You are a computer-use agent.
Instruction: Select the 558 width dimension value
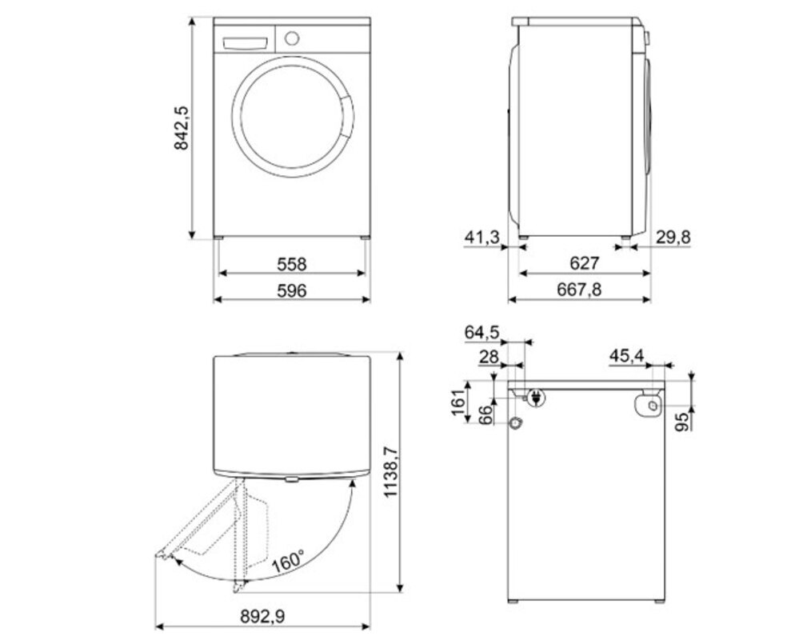[x=292, y=263]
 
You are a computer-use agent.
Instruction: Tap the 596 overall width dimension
[x=292, y=290]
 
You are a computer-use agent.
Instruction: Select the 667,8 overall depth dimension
[x=580, y=290]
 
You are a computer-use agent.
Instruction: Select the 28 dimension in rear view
[x=489, y=357]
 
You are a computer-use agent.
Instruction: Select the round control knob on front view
[x=292, y=37]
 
